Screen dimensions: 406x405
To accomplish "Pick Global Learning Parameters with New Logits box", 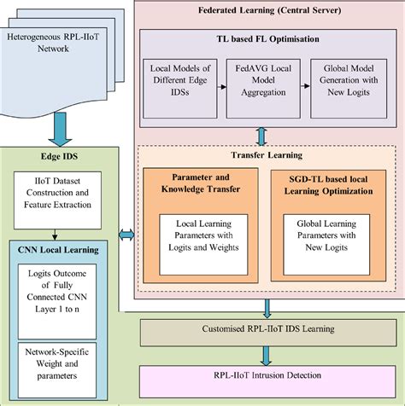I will pyautogui.click(x=330, y=240).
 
